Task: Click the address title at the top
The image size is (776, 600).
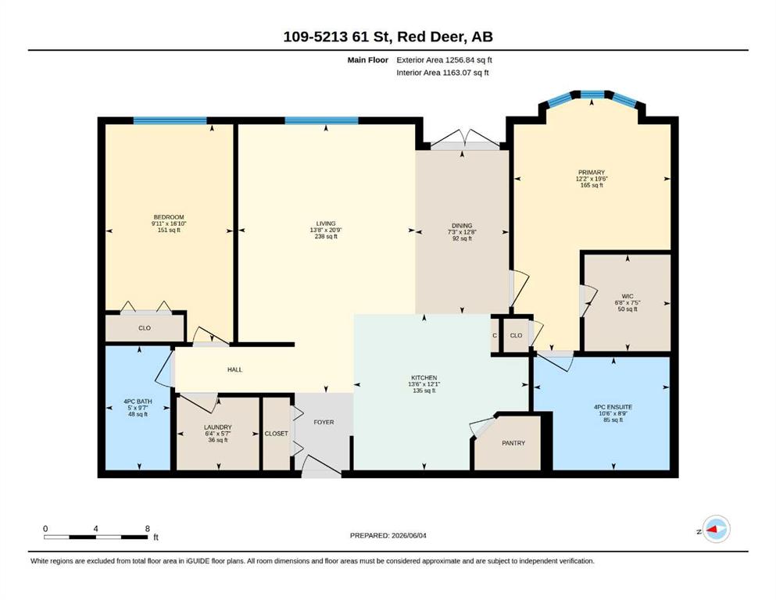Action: click(388, 37)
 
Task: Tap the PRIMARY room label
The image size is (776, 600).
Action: click(592, 173)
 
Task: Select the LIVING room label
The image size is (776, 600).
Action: click(326, 223)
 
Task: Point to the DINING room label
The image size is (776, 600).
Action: click(462, 226)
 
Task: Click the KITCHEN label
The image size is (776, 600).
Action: click(424, 378)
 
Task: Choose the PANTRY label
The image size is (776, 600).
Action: click(513, 443)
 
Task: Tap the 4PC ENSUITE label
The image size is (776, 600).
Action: click(613, 408)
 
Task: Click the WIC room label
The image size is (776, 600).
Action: click(628, 297)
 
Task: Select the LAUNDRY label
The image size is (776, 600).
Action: click(218, 427)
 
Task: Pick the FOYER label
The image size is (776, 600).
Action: click(324, 423)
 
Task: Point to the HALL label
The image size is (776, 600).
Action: click(234, 370)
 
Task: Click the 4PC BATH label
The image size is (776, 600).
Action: click(138, 402)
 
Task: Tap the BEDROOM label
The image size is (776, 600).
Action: click(169, 217)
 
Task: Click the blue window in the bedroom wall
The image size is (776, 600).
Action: click(170, 120)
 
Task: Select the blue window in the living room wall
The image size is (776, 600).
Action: click(321, 120)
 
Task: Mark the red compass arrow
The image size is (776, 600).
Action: click(712, 529)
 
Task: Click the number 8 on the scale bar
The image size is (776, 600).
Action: click(148, 529)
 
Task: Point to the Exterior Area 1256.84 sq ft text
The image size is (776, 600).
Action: click(444, 60)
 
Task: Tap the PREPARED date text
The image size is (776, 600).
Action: click(388, 535)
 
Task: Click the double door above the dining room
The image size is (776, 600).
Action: click(465, 140)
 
